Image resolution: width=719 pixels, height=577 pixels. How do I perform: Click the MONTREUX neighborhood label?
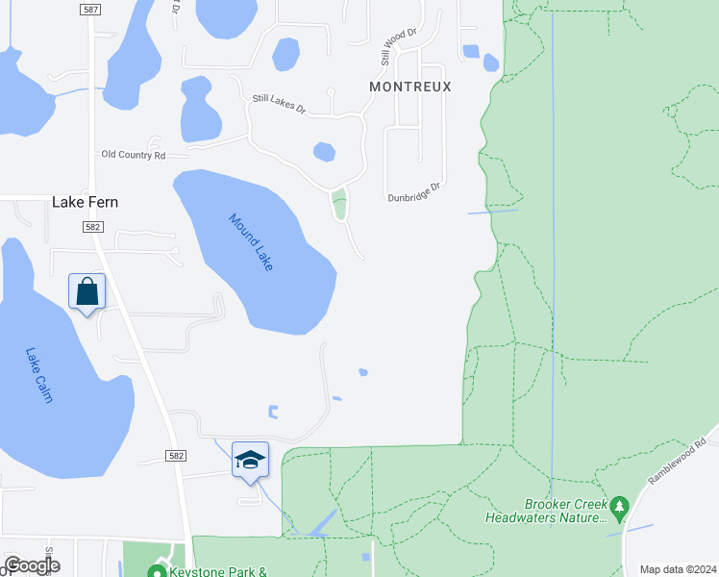click(410, 87)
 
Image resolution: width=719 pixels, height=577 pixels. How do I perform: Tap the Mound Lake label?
click(251, 240)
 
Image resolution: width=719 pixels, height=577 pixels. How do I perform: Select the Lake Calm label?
click(39, 375)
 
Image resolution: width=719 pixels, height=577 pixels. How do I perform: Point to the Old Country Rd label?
click(134, 155)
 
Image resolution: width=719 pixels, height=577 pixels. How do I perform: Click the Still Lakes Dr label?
click(279, 105)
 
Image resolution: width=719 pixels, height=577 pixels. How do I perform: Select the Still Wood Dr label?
click(398, 46)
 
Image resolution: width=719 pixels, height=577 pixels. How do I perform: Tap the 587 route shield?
click(90, 9)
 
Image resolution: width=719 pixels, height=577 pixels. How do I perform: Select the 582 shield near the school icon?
click(175, 455)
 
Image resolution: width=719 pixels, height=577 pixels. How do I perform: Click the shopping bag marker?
click(87, 290)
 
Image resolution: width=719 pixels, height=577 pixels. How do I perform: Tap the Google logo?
click(32, 565)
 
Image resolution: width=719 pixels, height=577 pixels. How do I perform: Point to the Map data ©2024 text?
click(677, 569)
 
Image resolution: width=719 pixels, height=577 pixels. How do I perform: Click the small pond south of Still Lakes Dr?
click(325, 152)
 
